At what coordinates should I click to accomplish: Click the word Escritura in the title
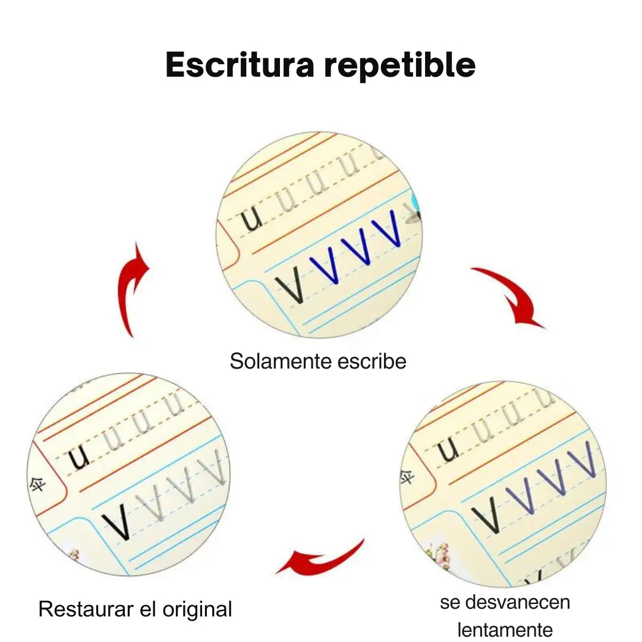click(240, 65)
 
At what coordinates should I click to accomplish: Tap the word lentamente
click(505, 630)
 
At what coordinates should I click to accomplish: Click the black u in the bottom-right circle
click(449, 451)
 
